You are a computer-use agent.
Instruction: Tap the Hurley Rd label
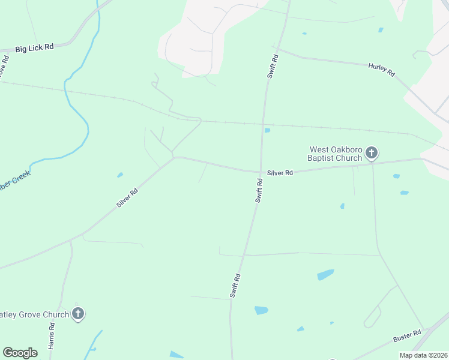click(382, 69)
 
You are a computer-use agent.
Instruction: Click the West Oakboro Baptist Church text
click(335, 154)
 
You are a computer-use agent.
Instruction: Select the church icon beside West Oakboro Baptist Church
click(372, 153)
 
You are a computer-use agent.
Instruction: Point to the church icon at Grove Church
click(77, 313)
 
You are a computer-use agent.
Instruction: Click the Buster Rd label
click(408, 337)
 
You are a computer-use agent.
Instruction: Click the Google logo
click(20, 353)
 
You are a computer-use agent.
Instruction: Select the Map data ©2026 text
click(423, 355)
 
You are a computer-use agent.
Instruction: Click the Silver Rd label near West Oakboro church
click(280, 173)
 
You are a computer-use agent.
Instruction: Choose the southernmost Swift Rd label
click(235, 286)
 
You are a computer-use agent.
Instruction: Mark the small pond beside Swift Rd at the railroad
click(267, 130)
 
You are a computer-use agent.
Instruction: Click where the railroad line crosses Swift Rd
click(263, 124)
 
